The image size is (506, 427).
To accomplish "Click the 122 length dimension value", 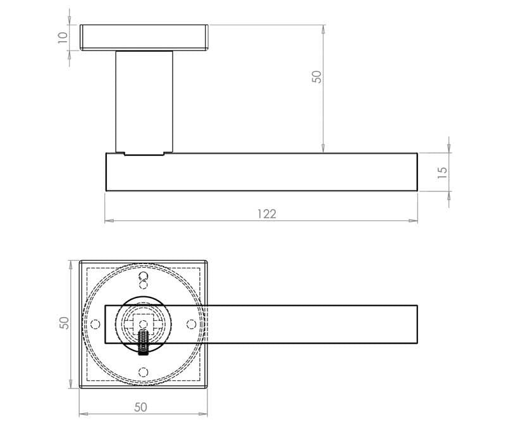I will click(x=266, y=213).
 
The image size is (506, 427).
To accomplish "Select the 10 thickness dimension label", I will click(x=62, y=37).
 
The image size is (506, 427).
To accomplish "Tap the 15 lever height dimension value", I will click(x=442, y=171).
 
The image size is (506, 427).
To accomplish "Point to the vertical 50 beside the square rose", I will click(x=63, y=323).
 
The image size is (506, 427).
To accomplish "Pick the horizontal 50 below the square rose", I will click(x=140, y=407).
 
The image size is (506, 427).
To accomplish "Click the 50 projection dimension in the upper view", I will click(x=318, y=76).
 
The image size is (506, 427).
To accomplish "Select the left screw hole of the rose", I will click(x=96, y=324).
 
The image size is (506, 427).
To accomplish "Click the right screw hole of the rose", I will click(x=191, y=324).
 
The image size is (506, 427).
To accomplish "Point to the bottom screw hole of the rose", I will click(x=143, y=371).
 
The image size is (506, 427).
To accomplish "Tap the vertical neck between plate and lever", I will click(x=144, y=101).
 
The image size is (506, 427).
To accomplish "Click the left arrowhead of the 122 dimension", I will click(x=108, y=221).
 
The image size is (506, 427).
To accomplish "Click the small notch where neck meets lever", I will click(x=120, y=153).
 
